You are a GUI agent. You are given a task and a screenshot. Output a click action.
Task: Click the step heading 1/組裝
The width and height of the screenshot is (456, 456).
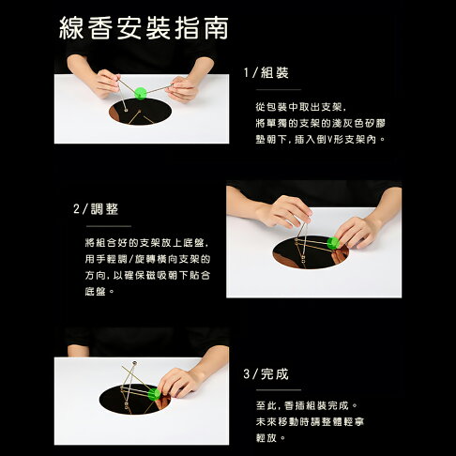pos(266,72)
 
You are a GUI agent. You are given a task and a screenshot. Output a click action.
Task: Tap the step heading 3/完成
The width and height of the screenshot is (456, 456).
pos(266,373)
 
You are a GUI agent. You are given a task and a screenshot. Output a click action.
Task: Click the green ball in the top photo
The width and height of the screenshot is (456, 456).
pos(141,92)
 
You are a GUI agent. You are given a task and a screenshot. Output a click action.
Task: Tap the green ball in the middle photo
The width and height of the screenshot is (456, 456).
pos(331,242)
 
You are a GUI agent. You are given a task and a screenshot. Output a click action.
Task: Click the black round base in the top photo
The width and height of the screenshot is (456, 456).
pos(141,115)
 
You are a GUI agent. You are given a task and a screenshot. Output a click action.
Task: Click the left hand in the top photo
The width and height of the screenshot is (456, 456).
pos(106,84)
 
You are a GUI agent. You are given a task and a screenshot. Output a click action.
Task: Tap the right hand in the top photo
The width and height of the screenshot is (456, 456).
pos(182,88)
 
